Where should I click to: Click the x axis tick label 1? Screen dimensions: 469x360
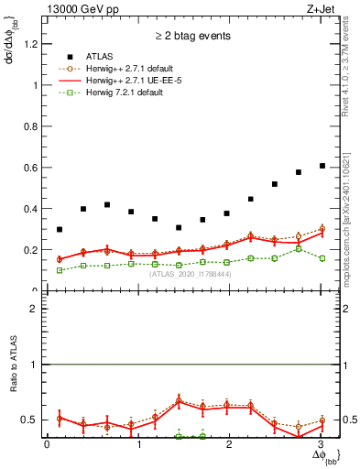coord(138,444)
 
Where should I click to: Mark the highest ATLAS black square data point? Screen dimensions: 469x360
coord(322,166)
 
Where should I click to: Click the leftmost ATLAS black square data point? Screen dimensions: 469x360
coord(60,230)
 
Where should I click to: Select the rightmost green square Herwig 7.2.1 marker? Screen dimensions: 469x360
coord(322,258)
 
